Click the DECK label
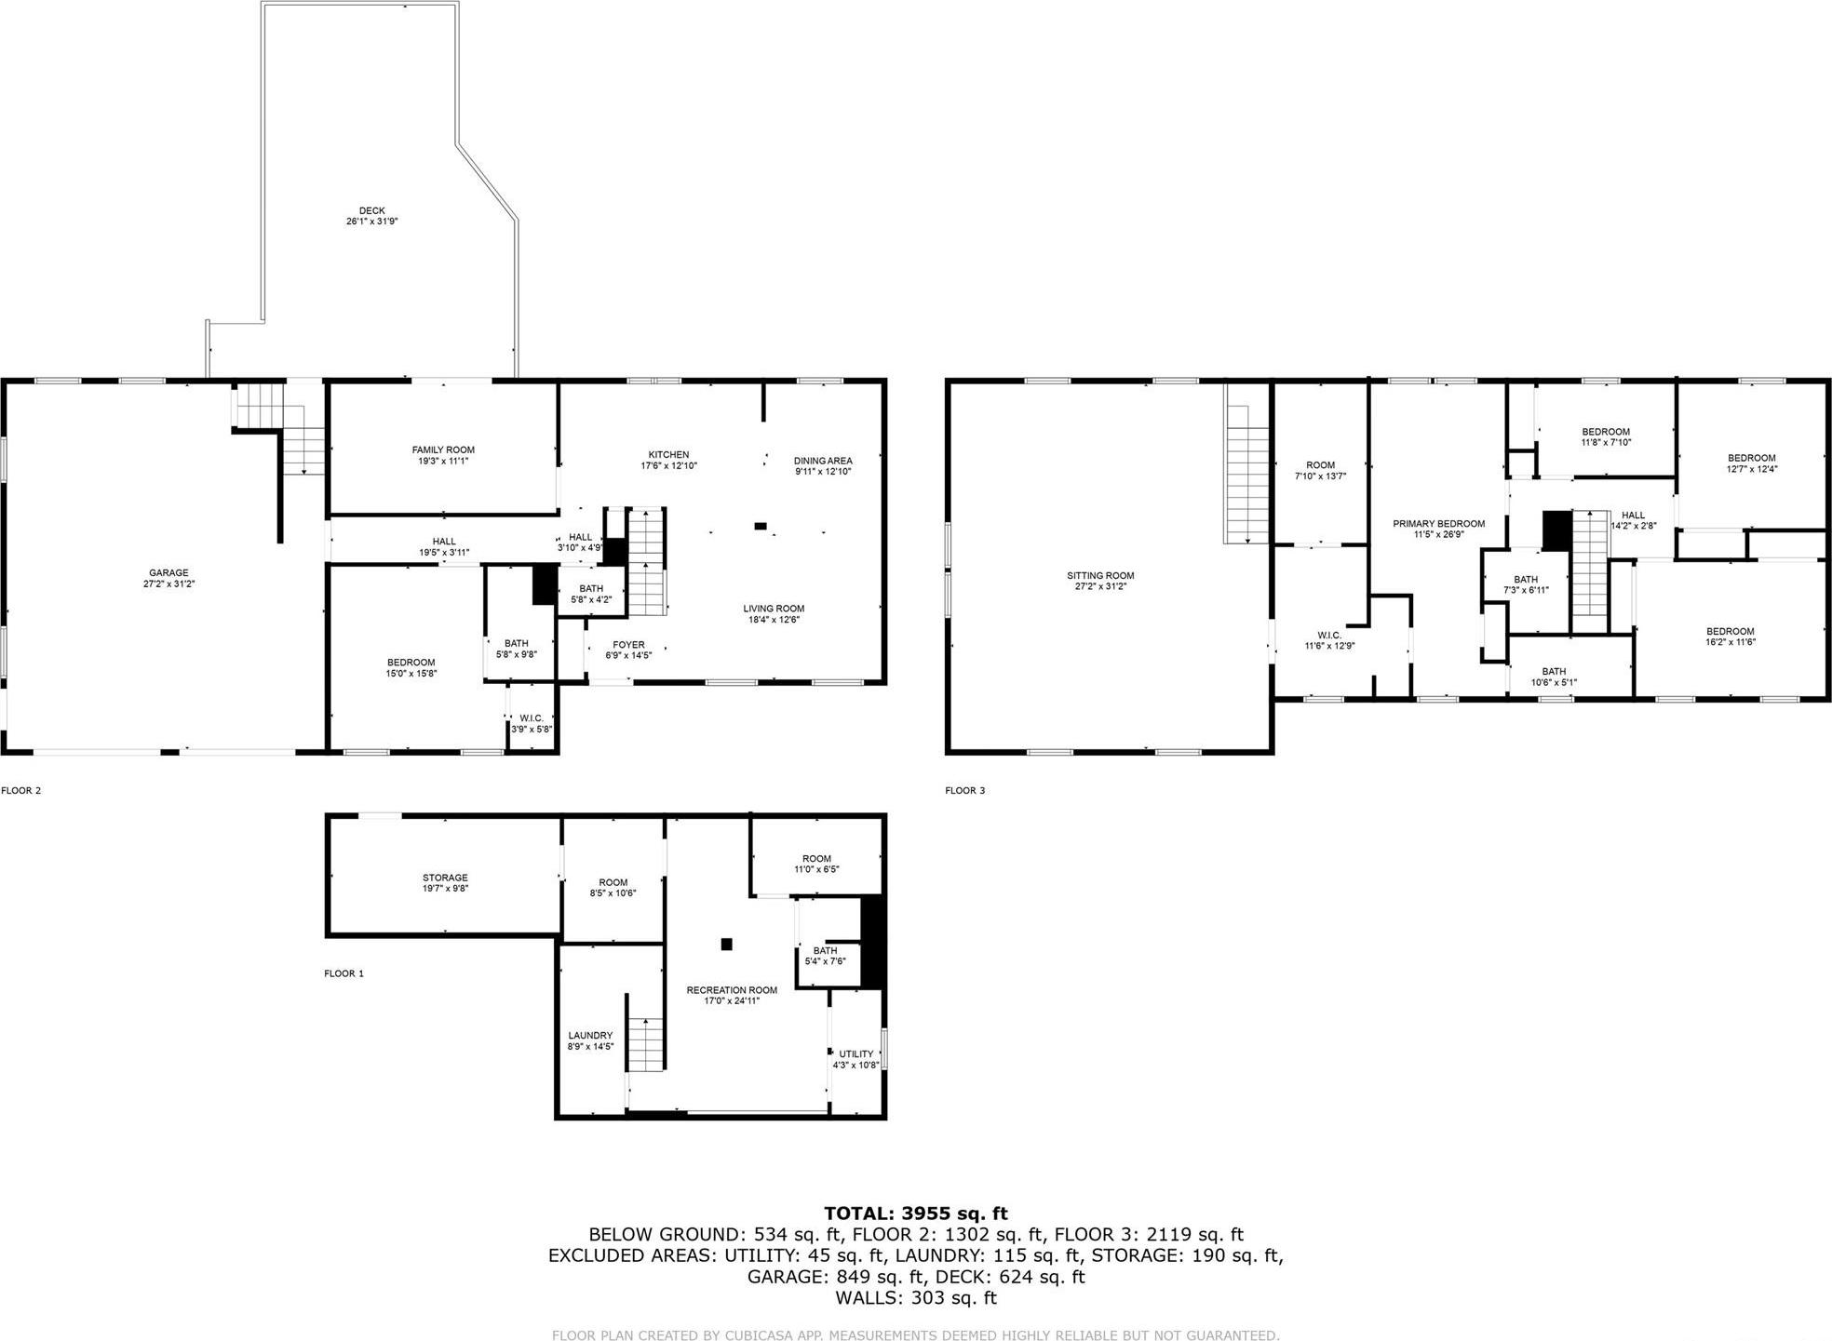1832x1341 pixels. coord(371,211)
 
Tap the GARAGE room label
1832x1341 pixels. coord(168,573)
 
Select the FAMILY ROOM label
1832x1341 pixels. coord(443,450)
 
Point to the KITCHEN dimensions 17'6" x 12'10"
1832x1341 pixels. coord(668,465)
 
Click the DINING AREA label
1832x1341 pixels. coord(823,461)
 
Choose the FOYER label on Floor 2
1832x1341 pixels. coord(628,645)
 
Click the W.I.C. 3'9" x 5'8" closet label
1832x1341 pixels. coord(532,718)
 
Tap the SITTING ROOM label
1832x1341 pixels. coord(1100,576)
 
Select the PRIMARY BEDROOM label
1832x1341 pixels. coord(1438,524)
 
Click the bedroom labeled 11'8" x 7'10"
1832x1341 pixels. coord(1606,436)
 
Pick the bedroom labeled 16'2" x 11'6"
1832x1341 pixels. coord(1730,637)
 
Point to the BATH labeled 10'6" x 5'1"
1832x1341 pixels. coord(1554,677)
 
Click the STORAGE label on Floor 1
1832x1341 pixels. coord(445,878)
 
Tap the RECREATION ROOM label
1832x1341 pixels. coord(732,990)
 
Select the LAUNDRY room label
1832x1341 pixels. coord(590,1036)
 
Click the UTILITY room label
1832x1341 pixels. coord(855,1054)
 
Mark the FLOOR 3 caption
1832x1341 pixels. coord(964,791)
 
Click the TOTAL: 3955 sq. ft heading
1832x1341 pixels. coord(916,1214)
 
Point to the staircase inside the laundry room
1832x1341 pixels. coord(645,1043)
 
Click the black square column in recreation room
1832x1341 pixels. coord(727,944)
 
